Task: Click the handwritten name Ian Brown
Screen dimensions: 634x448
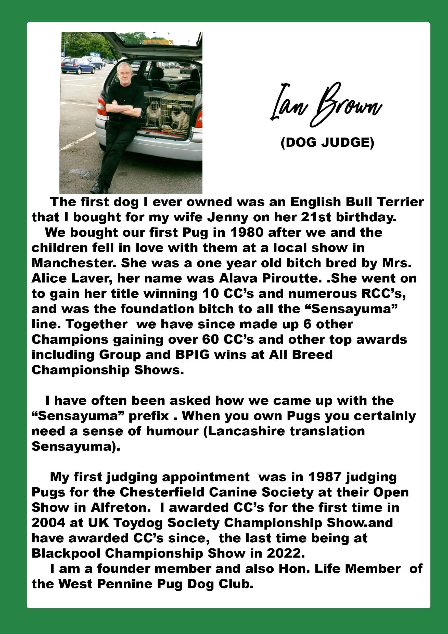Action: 326,106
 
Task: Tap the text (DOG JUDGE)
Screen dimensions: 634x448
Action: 327,143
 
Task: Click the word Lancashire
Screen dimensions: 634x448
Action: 246,431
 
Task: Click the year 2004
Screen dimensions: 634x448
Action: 48,523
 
